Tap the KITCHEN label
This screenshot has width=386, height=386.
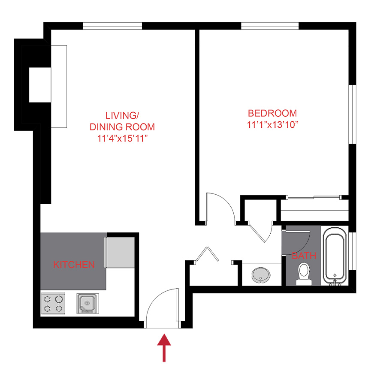coord(74,265)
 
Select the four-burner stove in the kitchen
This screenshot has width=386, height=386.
coord(53,303)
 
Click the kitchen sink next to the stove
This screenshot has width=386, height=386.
coord(87,303)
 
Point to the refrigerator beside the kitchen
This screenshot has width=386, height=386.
coord(121,251)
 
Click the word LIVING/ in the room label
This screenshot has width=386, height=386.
coord(122,116)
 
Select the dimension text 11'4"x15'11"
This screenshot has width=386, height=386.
coord(122,139)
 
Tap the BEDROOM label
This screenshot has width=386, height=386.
coord(272,113)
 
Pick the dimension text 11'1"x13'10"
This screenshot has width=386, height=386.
coord(272,125)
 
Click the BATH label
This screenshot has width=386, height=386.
coord(304,256)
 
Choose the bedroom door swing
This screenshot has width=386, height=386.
coord(219,208)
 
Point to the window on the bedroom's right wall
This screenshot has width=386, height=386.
coord(351,114)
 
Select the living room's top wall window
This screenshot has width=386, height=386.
coord(112,26)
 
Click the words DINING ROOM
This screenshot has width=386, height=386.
coord(122,127)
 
